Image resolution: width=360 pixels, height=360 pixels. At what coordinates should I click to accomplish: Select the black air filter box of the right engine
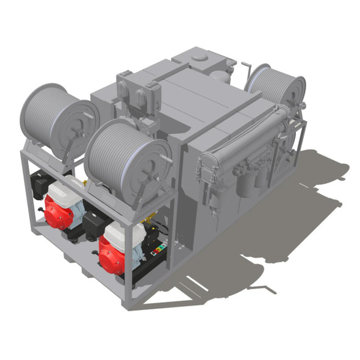[95, 223]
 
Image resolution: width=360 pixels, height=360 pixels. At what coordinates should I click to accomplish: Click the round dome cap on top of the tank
[200, 56]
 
